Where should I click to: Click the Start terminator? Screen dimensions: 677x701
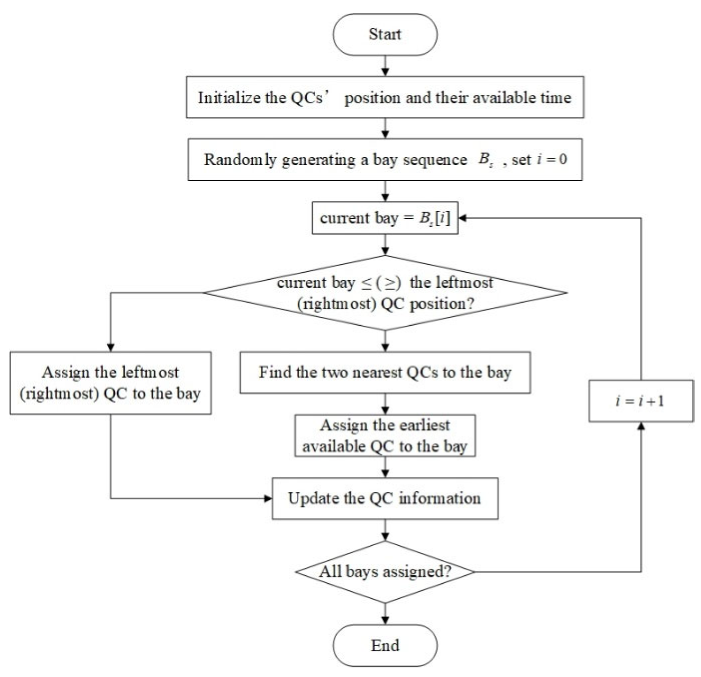(385, 35)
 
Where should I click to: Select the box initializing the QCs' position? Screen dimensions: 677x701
(385, 97)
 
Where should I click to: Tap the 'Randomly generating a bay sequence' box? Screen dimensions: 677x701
(385, 159)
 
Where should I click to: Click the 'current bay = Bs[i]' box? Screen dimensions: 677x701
(385, 218)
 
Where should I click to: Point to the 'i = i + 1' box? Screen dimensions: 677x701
(641, 401)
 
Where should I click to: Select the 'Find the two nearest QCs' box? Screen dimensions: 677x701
(385, 373)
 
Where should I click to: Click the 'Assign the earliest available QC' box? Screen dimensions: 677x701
(385, 436)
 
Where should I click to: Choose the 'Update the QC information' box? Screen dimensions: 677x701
(385, 499)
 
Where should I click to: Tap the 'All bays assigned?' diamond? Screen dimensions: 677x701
(385, 572)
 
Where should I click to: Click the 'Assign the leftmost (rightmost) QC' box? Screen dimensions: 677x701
(110, 383)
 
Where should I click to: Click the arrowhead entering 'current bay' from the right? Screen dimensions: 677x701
(462, 218)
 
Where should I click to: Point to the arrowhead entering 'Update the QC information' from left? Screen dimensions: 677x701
(268, 499)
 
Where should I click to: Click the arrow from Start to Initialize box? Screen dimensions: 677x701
(385, 66)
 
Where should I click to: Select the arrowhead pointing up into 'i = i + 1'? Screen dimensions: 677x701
(641, 426)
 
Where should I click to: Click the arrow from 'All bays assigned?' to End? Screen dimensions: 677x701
(385, 615)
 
